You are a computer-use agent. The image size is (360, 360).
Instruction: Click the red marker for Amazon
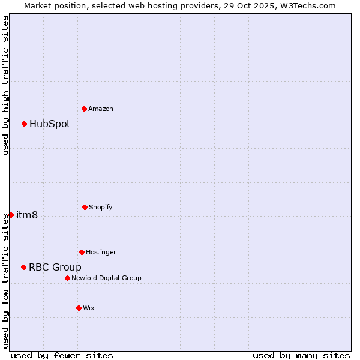tap(85, 109)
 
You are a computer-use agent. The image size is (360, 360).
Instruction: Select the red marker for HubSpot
tap(25, 124)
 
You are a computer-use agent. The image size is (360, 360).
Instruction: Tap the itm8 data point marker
tap(11, 215)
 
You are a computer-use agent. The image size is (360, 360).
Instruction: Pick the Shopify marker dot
tap(85, 207)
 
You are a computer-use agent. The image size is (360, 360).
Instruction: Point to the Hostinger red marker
tap(82, 252)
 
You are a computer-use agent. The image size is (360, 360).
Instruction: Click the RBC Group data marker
tap(24, 267)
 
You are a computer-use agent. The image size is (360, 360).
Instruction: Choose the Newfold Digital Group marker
tap(67, 278)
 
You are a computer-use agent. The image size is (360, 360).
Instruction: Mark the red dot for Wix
tap(79, 308)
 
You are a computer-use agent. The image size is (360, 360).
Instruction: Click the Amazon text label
tap(101, 109)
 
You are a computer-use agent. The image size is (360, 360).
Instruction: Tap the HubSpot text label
tap(50, 124)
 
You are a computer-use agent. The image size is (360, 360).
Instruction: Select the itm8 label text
tap(27, 215)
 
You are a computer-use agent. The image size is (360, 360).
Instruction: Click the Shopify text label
tap(101, 207)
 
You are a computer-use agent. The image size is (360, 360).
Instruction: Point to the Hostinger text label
tap(101, 252)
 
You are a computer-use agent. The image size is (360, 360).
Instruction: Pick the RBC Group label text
tap(55, 268)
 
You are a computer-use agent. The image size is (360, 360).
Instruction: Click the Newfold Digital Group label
tap(106, 278)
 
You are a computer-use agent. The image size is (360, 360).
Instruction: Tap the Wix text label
tap(89, 308)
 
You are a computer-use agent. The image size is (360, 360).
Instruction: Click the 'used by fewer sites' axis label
tap(62, 355)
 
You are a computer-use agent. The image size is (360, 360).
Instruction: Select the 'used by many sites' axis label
tap(301, 355)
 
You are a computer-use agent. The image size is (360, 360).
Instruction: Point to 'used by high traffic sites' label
tap(5, 85)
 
